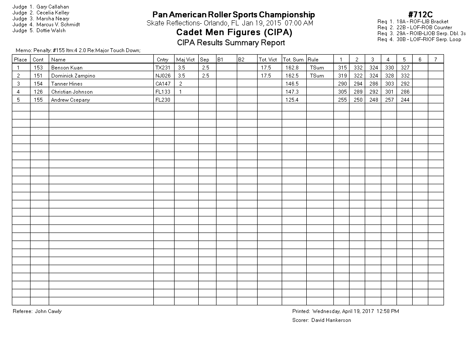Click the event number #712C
point(420,15)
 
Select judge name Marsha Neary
point(53,19)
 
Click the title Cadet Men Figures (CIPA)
point(234,33)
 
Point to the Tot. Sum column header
point(293,60)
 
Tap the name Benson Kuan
point(67,68)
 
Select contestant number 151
point(38,76)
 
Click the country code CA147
point(163,84)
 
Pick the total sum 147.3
point(292,92)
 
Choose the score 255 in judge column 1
point(342,100)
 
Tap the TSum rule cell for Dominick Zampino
point(316,76)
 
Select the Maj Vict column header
point(185,60)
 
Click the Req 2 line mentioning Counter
point(415,28)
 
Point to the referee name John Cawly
point(48,311)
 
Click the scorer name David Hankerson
point(331,320)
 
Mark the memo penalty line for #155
point(78,50)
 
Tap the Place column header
point(21,60)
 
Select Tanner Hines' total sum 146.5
point(292,84)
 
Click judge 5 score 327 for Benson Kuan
point(405,68)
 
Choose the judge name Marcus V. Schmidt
point(58,25)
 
